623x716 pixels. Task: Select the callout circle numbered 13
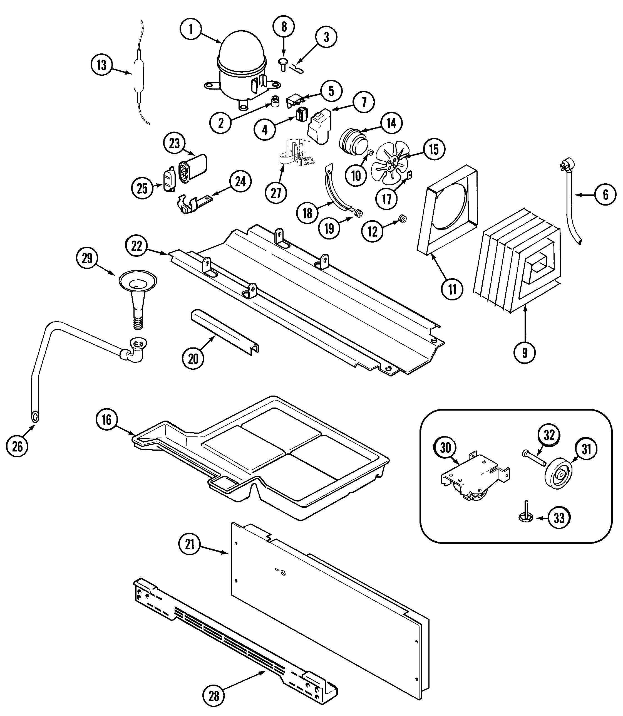point(101,65)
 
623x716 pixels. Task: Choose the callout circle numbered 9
point(524,353)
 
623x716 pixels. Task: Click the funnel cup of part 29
point(138,280)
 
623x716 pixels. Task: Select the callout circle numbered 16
point(106,420)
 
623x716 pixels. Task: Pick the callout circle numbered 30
point(445,448)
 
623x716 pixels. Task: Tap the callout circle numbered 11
point(452,289)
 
